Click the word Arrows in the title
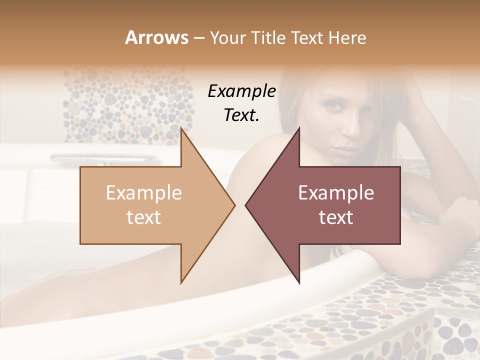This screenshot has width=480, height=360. (156, 37)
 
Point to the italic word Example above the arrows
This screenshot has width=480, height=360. (241, 91)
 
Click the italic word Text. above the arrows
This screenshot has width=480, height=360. (241, 115)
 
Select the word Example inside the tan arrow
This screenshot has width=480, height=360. (143, 193)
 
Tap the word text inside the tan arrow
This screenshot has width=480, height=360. (143, 217)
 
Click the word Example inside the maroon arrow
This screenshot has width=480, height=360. (336, 193)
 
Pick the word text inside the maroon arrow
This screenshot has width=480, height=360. (336, 217)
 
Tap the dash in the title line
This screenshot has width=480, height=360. (198, 38)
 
